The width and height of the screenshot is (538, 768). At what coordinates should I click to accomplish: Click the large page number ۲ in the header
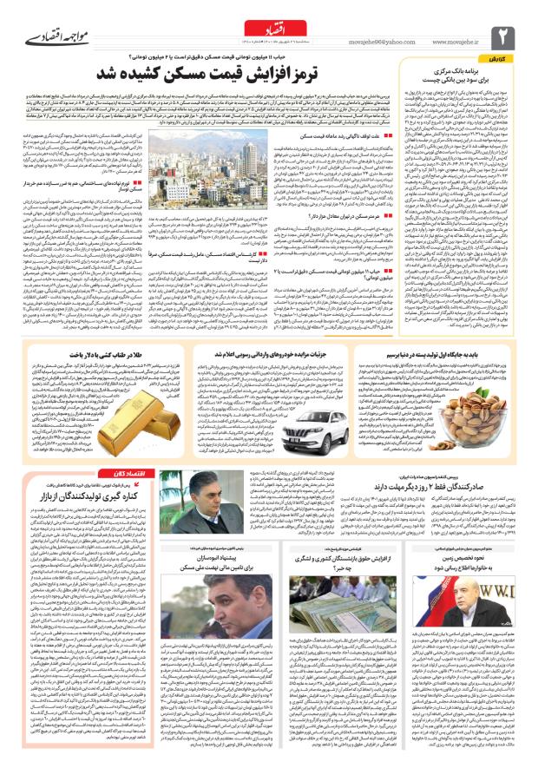[x=507, y=36]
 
